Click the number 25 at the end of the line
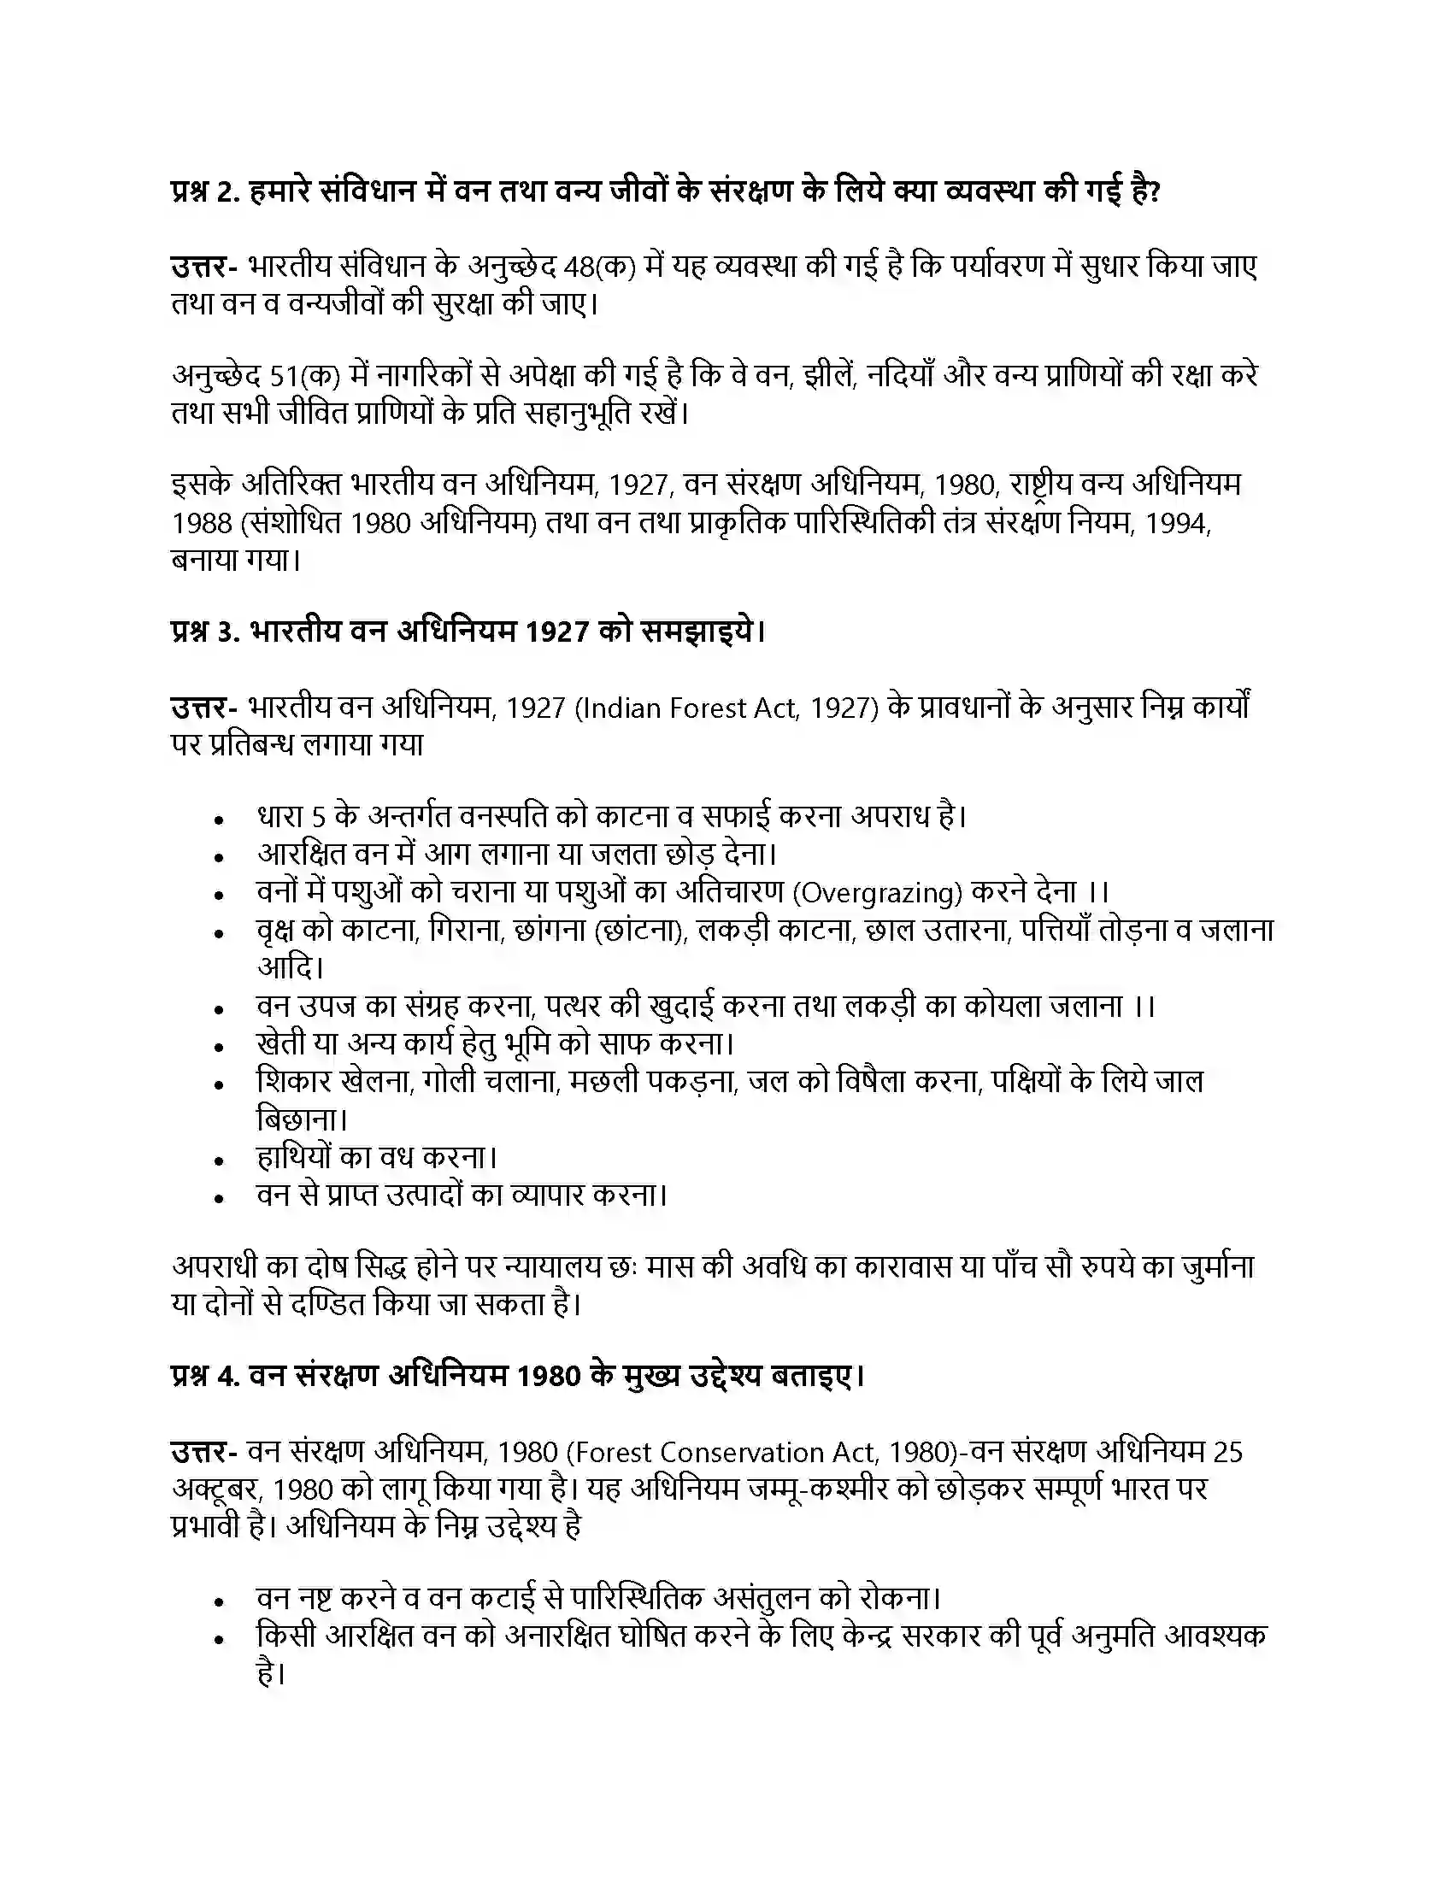coord(1227,1453)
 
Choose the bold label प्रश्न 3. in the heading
coord(203,633)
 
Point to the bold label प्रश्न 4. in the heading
coord(203,1378)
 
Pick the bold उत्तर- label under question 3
coord(204,708)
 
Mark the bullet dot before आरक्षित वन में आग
coord(221,858)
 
